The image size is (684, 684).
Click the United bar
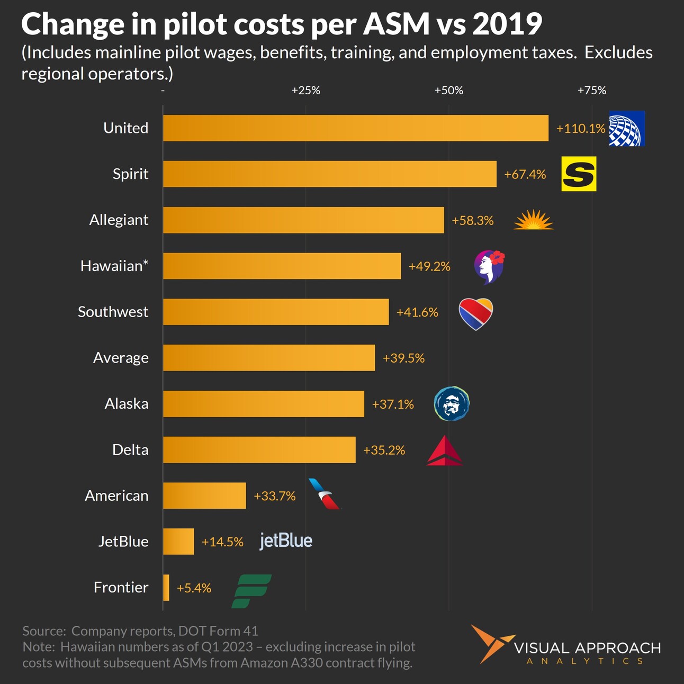(355, 128)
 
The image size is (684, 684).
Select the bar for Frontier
(166, 588)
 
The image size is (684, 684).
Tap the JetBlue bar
(178, 542)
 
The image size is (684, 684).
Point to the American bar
(204, 496)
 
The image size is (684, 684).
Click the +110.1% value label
(580, 129)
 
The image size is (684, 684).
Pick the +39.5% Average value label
(403, 358)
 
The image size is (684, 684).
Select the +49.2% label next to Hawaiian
(429, 266)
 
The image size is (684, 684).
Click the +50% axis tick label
(448, 91)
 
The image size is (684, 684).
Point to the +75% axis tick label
(591, 91)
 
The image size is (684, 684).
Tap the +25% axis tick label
(305, 91)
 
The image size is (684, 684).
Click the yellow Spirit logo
(579, 174)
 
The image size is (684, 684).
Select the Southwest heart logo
(475, 313)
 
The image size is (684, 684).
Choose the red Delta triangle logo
(444, 452)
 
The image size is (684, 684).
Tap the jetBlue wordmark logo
(286, 541)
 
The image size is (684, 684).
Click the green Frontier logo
(251, 591)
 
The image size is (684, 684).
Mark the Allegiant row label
(119, 220)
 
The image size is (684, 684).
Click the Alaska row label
(127, 404)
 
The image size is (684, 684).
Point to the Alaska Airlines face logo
(451, 404)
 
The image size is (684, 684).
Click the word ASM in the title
(395, 24)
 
